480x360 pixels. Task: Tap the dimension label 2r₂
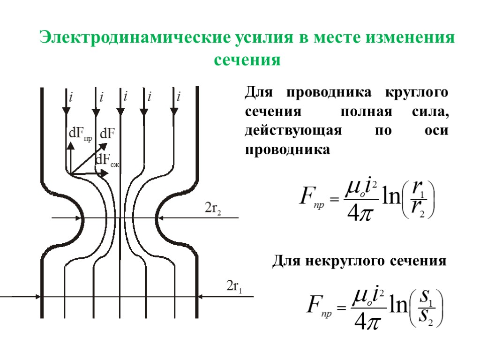click(212, 209)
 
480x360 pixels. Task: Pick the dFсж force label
click(108, 161)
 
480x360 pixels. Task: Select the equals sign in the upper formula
click(334, 201)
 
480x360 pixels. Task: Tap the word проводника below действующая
click(287, 150)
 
